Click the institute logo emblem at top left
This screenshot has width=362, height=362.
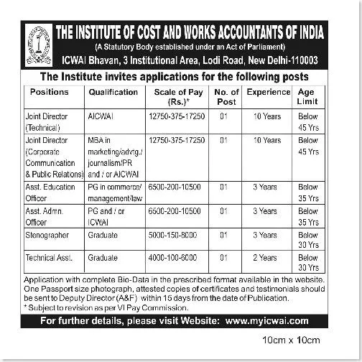pos(38,45)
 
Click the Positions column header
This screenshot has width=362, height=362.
pos(50,93)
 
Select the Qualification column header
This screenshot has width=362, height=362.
pos(113,93)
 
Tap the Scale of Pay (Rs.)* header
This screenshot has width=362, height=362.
pos(179,97)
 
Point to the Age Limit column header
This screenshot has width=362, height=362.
pos(308,97)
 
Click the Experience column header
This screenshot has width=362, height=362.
pos(268,93)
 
